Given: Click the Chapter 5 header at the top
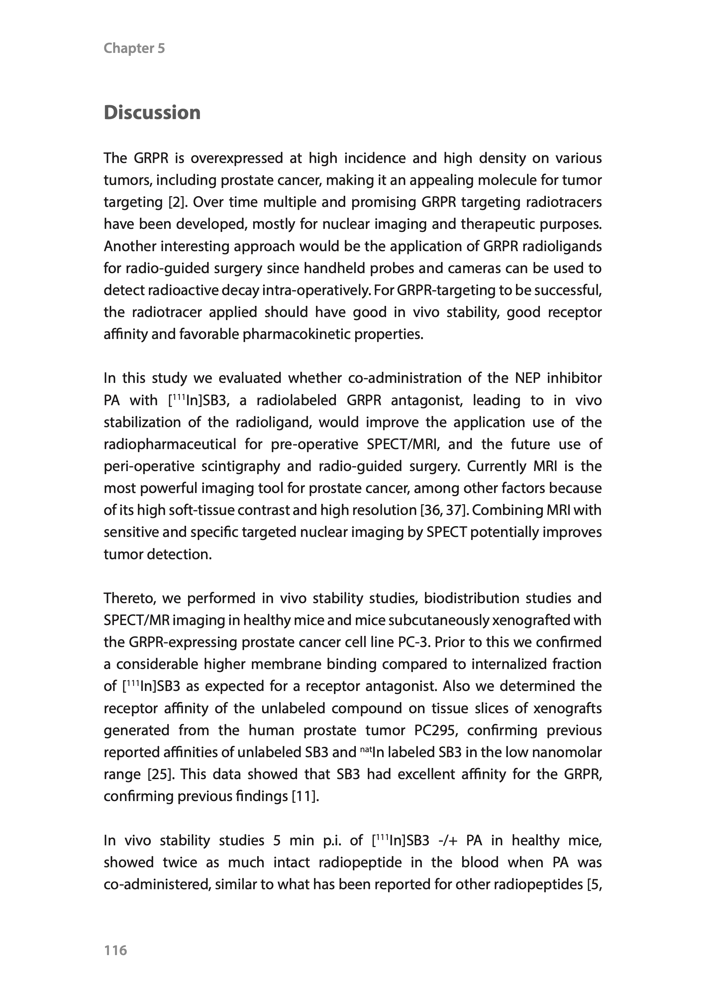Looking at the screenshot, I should point(134,48).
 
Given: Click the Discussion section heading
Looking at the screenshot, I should point(152,113).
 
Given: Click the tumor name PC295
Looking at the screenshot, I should point(436,730).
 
